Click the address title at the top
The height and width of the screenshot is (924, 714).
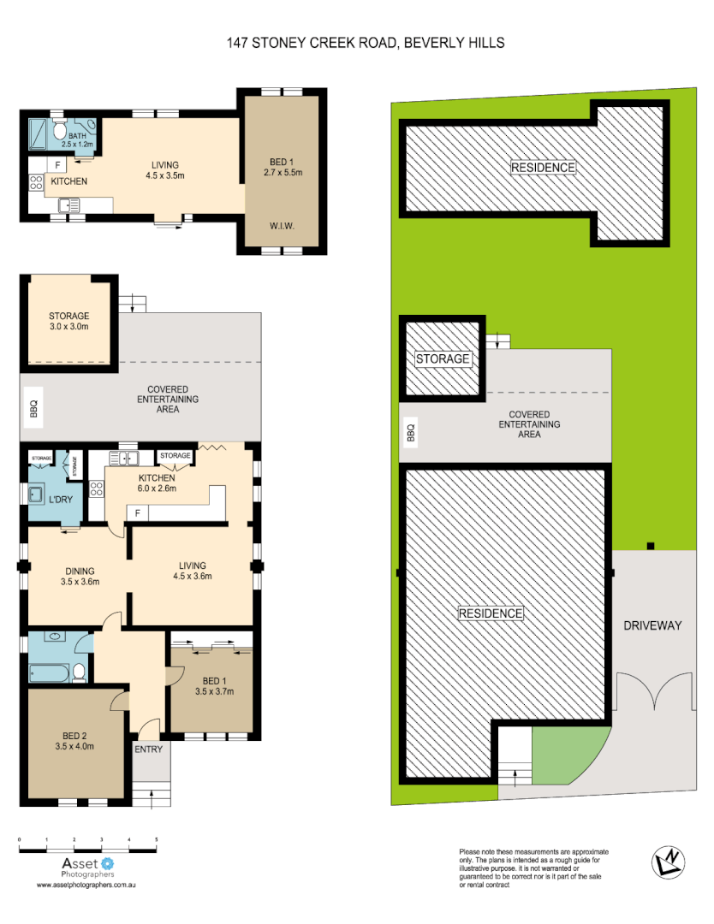366,42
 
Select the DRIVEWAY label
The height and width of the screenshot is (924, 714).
653,625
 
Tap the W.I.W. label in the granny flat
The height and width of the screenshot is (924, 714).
282,227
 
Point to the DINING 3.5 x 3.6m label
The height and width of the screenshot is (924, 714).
78,577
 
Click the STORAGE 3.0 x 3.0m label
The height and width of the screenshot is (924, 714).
69,321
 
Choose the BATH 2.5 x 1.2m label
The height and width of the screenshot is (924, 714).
78,140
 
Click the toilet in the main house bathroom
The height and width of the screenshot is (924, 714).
78,673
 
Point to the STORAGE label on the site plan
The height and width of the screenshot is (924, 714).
443,358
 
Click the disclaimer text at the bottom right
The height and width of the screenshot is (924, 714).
533,868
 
